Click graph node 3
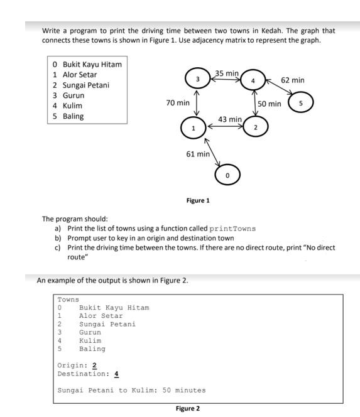click(198, 79)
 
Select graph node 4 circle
click(253, 80)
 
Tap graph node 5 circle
click(300, 102)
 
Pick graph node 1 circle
click(194, 128)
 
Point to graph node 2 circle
click(255, 127)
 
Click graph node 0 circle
click(227, 174)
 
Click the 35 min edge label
click(227, 73)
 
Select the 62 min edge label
click(293, 80)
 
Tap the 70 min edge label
click(178, 102)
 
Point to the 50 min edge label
click(270, 104)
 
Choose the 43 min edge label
click(229, 119)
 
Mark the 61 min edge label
click(198, 154)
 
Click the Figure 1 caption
click(198, 200)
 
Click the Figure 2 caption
click(188, 409)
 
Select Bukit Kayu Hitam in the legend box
click(92, 64)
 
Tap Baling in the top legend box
click(73, 116)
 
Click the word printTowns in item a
click(232, 229)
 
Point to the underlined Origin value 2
click(94, 366)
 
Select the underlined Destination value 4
click(116, 374)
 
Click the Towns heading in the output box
click(68, 300)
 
